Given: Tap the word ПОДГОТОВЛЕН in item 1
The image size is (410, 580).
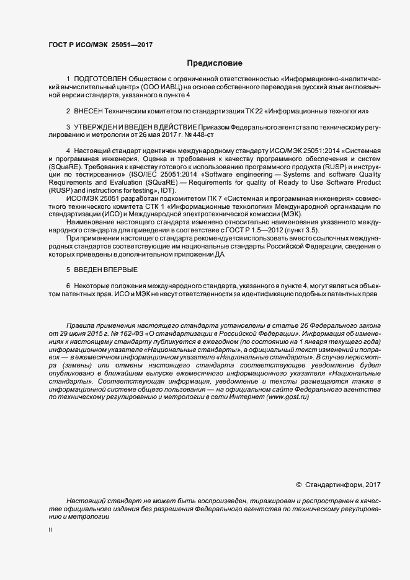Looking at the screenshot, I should [x=100, y=80].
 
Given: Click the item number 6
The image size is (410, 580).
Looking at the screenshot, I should [x=68, y=284].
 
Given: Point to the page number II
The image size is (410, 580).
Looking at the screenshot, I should [x=50, y=530].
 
